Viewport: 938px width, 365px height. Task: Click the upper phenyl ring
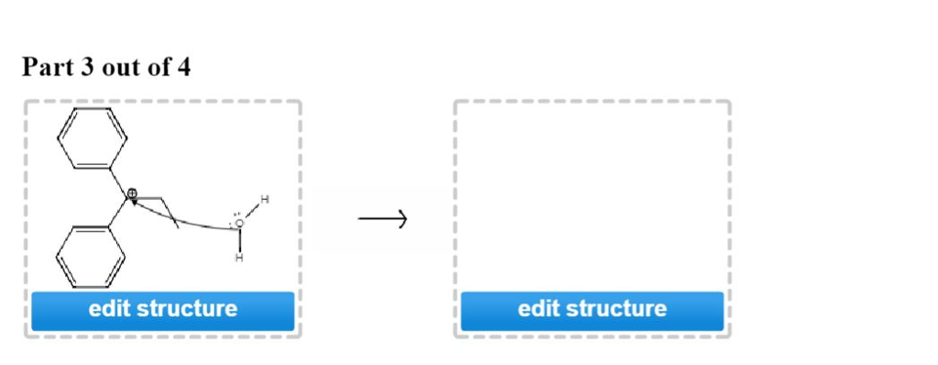coord(92,138)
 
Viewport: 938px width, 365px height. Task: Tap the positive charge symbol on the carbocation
coord(132,194)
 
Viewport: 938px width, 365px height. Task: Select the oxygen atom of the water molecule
coord(240,223)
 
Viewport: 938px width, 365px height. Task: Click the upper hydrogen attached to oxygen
coord(265,199)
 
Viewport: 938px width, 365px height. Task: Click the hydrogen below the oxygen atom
coord(240,258)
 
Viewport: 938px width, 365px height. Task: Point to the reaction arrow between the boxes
coord(382,219)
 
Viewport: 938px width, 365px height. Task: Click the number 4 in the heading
coord(185,68)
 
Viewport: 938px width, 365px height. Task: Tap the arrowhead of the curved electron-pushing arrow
coord(135,203)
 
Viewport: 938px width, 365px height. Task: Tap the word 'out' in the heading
coord(121,68)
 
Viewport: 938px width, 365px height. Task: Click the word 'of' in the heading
coord(159,68)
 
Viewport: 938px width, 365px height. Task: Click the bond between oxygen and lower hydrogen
coord(240,240)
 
